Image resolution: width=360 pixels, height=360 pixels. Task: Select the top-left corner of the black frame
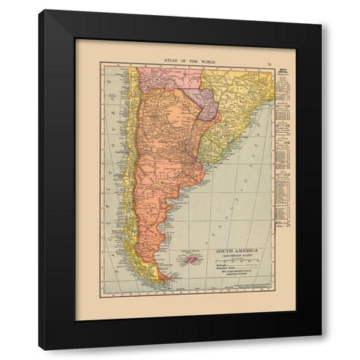click(40, 10)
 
